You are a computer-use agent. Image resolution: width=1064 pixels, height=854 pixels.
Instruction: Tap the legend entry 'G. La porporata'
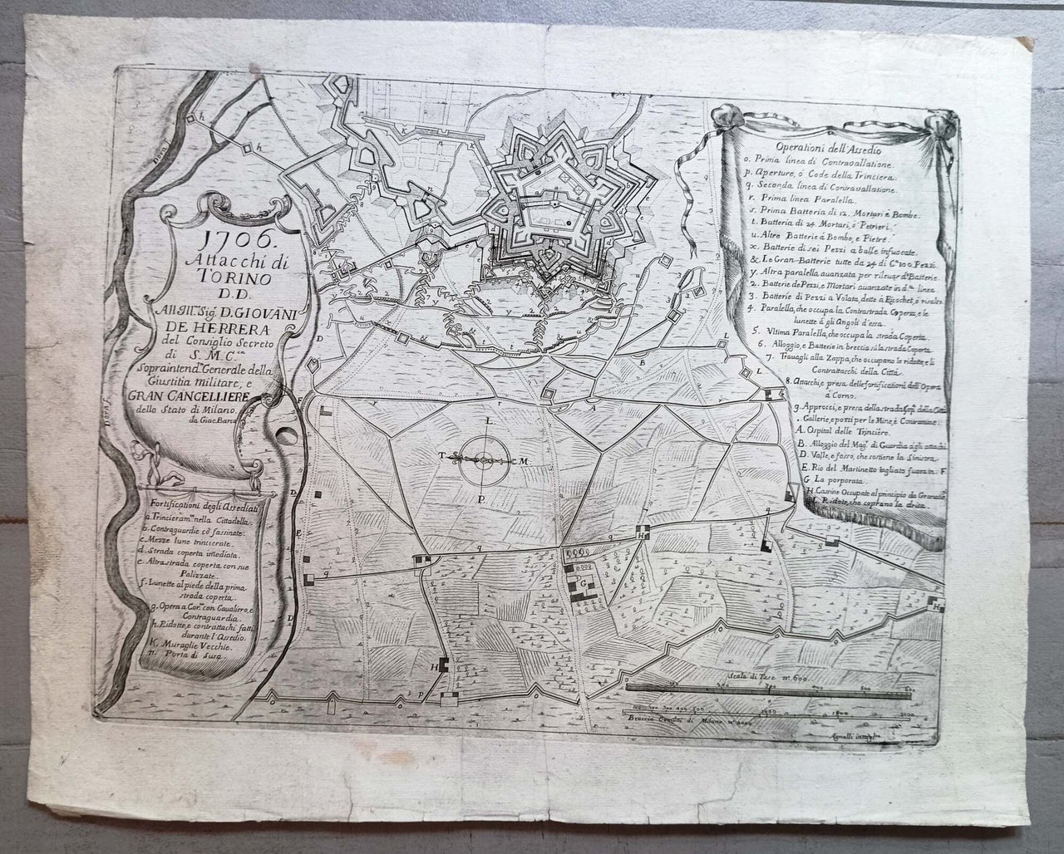834,479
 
